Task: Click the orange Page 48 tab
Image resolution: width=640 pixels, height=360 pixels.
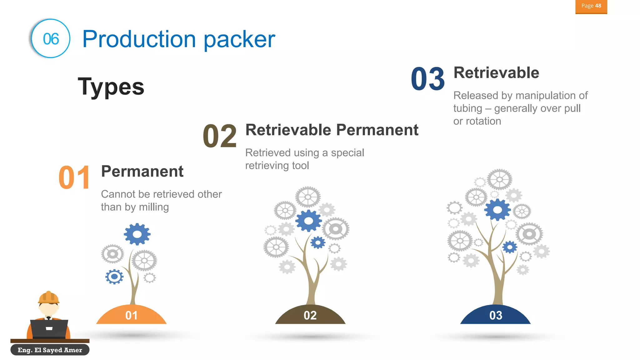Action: tap(591, 6)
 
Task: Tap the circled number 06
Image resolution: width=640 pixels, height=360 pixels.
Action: tap(51, 39)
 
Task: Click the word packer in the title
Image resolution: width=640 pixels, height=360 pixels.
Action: tap(239, 39)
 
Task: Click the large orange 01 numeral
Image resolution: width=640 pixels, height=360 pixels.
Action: tap(74, 177)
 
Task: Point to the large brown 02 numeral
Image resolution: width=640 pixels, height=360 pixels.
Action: tap(219, 136)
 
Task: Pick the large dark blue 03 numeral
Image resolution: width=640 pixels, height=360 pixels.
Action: tap(427, 79)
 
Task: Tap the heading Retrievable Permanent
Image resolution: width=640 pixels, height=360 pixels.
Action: tap(332, 130)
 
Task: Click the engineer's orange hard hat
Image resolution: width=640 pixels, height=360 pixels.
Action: tap(48, 297)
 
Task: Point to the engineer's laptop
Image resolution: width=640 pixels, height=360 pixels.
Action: tap(49, 328)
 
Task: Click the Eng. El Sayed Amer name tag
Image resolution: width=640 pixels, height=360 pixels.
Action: tap(50, 350)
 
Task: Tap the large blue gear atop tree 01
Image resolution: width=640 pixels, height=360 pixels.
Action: tap(137, 234)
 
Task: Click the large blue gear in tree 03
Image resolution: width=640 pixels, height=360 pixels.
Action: tap(497, 210)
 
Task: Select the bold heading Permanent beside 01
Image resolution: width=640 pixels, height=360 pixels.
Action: tap(142, 172)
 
